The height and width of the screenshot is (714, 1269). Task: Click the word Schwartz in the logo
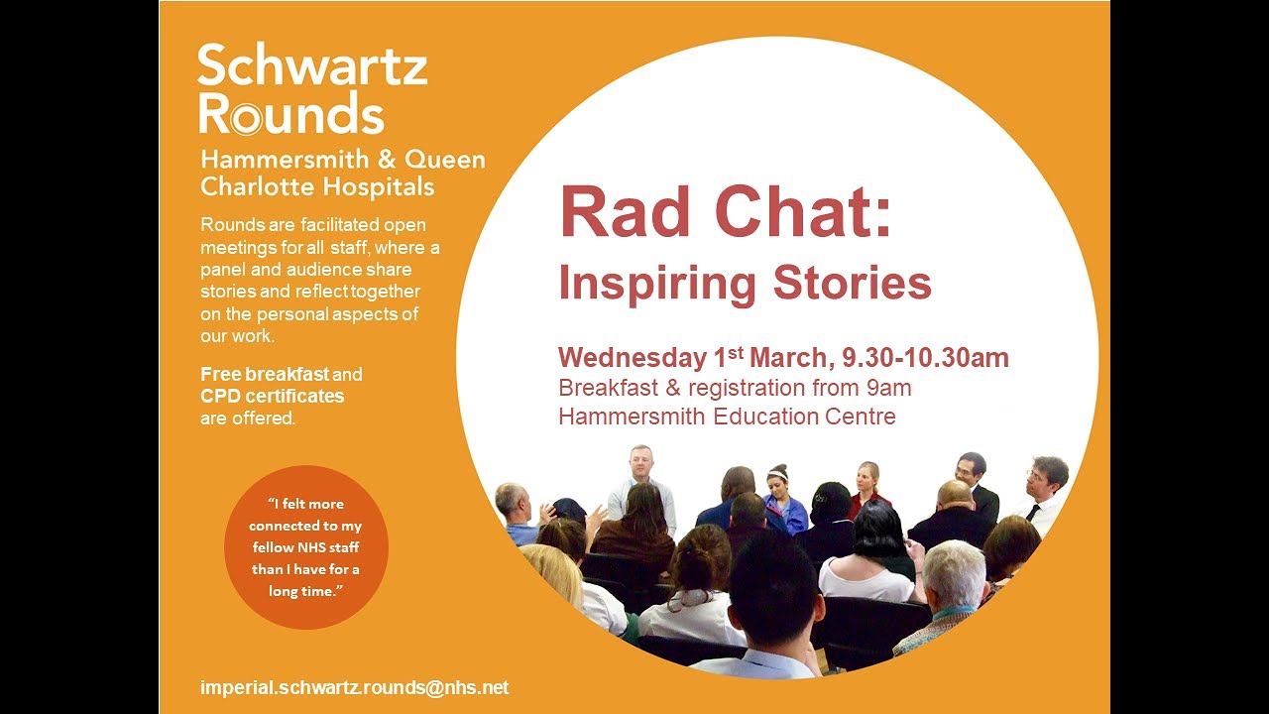click(x=312, y=66)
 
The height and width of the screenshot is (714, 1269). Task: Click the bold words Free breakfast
click(x=265, y=375)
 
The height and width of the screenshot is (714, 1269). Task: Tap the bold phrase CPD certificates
click(x=273, y=396)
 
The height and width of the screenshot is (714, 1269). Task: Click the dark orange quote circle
click(x=305, y=546)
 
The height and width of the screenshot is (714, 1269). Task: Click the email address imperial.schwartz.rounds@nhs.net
click(x=354, y=687)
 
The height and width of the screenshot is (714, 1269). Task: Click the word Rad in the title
click(x=628, y=213)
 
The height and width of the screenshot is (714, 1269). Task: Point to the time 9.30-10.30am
click(x=926, y=358)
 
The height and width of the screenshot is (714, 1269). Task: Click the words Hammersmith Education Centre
click(x=727, y=416)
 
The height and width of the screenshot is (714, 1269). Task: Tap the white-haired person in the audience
click(x=954, y=585)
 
